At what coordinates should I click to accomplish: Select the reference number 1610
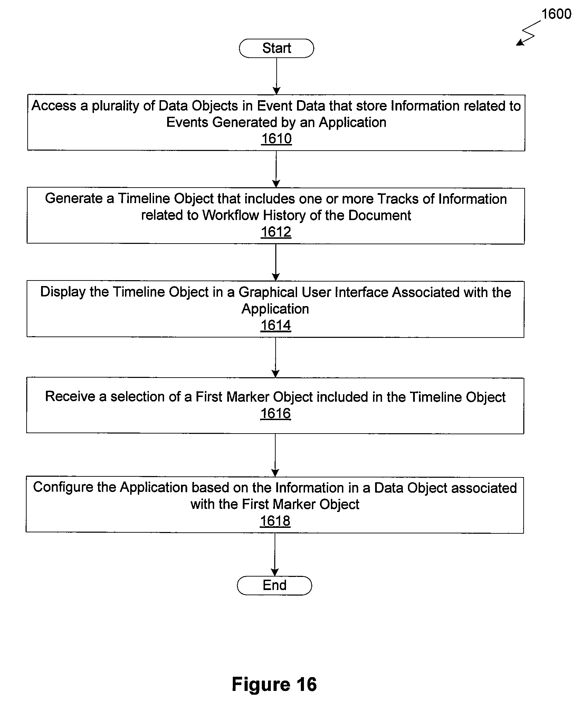[276, 139]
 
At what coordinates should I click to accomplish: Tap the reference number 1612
[276, 232]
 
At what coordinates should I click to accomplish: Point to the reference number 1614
[276, 325]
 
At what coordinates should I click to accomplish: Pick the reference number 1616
[276, 414]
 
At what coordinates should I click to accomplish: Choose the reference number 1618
[275, 521]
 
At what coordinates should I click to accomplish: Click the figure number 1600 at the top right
[556, 14]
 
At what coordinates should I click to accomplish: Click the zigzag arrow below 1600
[528, 33]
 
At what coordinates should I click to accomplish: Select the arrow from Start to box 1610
[276, 76]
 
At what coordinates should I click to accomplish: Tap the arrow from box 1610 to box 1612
[276, 169]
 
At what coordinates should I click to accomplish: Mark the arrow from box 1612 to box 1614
[276, 263]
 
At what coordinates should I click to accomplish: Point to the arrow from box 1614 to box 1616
[276, 358]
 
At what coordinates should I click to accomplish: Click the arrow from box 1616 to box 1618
[275, 455]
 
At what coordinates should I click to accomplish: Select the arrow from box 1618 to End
[275, 554]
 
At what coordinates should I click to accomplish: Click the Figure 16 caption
[274, 684]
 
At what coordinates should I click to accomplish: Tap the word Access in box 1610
[54, 106]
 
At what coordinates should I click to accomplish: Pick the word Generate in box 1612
[74, 199]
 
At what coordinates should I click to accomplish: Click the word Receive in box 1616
[70, 397]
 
